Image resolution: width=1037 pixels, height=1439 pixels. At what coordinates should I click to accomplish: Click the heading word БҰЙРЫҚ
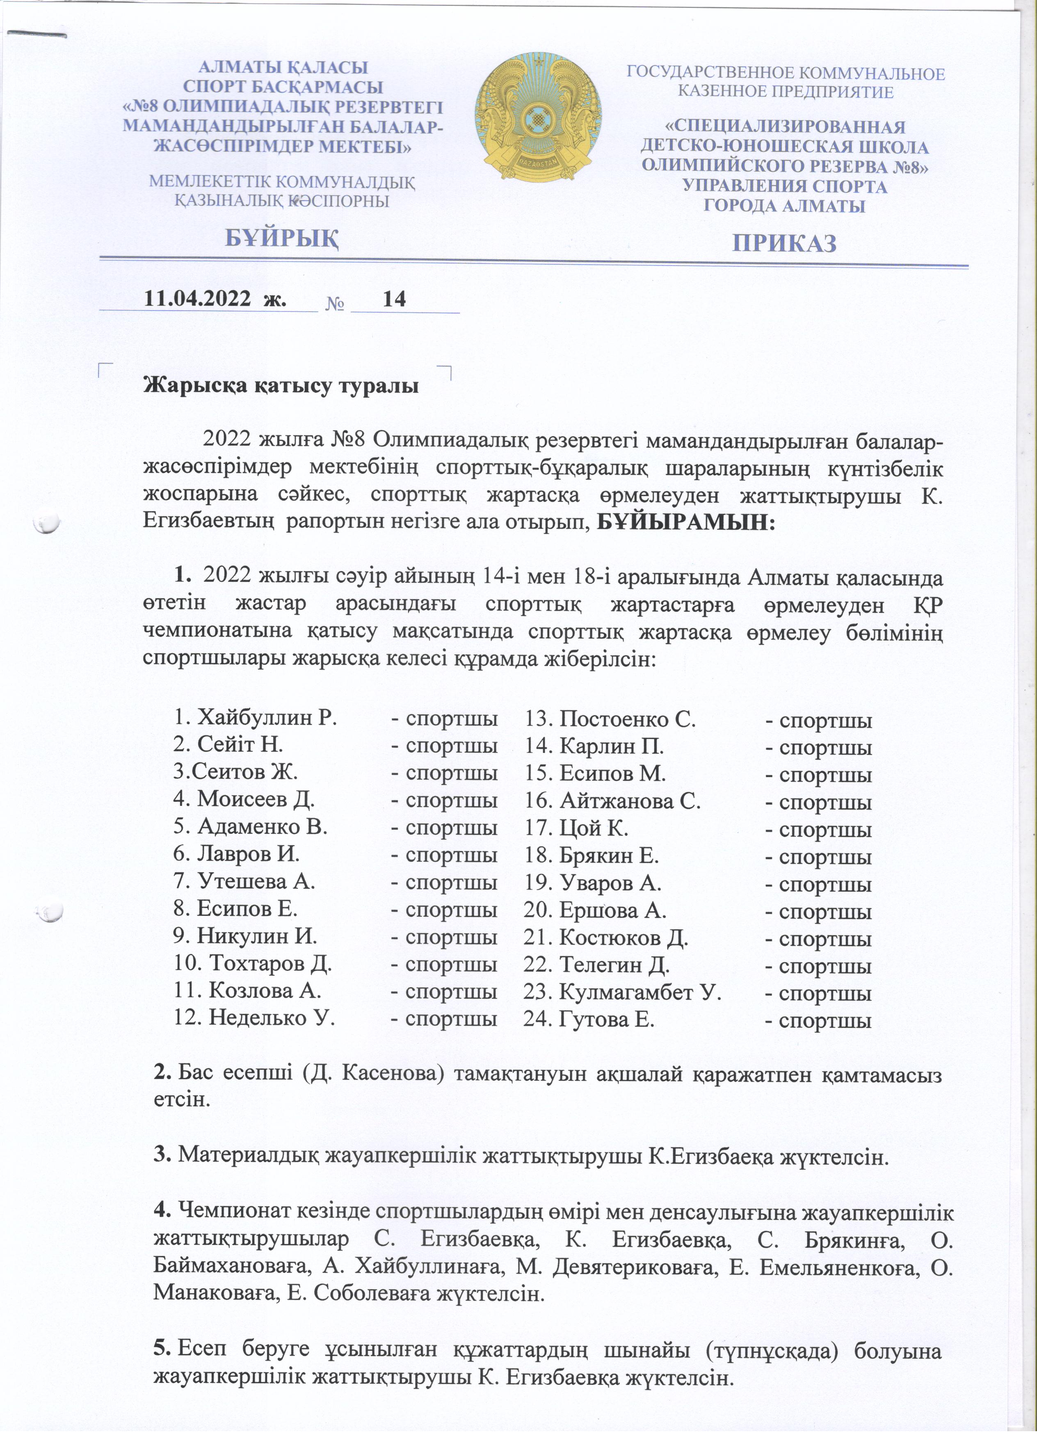(x=283, y=238)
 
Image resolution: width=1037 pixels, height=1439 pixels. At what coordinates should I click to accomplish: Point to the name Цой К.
(x=594, y=828)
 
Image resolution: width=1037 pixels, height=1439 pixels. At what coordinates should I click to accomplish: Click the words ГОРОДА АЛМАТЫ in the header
(x=785, y=206)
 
